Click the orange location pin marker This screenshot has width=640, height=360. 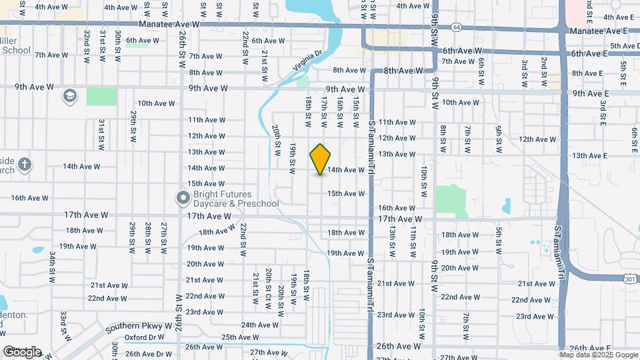tap(321, 159)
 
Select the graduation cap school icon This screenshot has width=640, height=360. tap(69, 96)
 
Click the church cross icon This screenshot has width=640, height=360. tap(24, 164)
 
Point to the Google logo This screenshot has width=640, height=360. tap(22, 351)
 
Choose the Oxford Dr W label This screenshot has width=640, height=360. tap(144, 337)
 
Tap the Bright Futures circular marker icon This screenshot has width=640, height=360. tap(183, 198)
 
